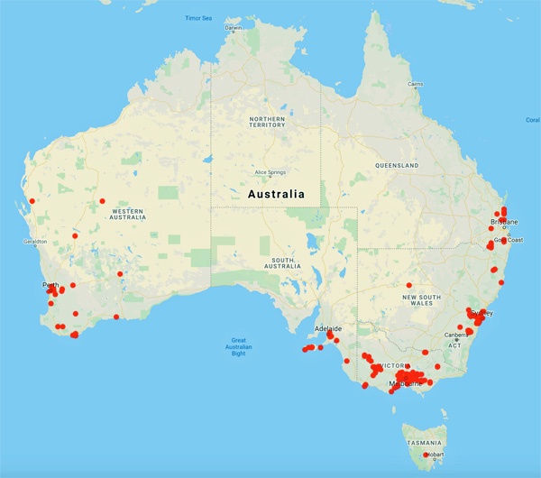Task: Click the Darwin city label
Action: (x=234, y=27)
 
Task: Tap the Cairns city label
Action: (x=415, y=84)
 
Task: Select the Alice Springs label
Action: (x=270, y=171)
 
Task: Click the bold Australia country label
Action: (x=275, y=194)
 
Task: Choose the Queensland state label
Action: (x=398, y=166)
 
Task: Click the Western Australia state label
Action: (x=127, y=214)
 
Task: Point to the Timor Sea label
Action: (x=198, y=18)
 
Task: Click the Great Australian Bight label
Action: (x=239, y=347)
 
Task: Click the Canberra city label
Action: (x=454, y=336)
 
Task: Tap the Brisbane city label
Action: (x=504, y=221)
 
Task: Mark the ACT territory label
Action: (x=455, y=345)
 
